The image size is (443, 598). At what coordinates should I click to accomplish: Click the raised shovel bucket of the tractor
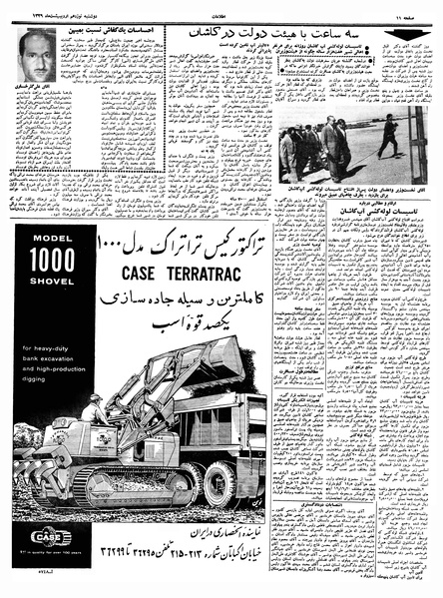tap(221, 354)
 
